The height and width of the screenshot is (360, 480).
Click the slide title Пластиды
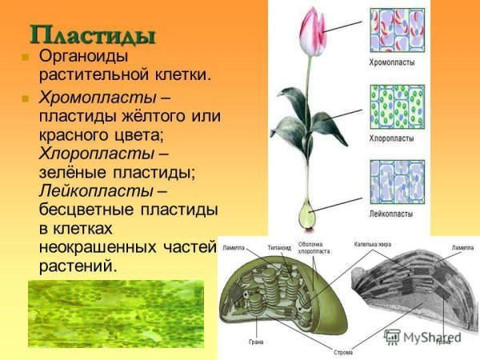[x=92, y=35]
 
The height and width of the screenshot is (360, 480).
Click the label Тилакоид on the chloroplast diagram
[x=278, y=247]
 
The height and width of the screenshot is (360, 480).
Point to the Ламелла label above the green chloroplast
[x=234, y=247]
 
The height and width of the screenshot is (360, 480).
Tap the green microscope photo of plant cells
[x=115, y=314]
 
